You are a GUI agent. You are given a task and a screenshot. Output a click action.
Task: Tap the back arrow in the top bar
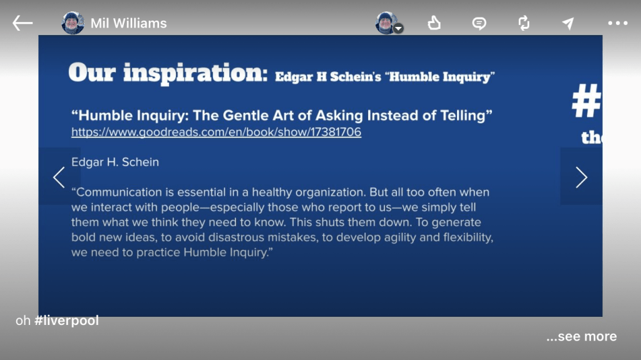23,23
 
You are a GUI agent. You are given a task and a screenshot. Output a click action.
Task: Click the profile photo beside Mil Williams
73,23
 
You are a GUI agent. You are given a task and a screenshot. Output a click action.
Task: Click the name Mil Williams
128,23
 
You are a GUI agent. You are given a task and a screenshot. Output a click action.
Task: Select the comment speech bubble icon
479,23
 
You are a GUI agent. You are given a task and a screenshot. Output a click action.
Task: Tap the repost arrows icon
524,23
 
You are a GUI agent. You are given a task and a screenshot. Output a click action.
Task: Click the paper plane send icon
568,23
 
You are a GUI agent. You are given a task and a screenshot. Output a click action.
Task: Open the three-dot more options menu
618,23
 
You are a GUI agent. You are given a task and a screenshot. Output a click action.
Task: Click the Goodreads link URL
216,132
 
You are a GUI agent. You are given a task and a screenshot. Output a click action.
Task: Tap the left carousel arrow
59,177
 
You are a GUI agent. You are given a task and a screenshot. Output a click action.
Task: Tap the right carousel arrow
582,177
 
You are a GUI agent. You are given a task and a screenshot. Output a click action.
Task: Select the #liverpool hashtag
66,321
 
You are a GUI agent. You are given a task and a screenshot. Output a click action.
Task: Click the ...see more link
582,336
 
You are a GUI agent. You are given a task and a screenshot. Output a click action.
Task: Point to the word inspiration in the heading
195,73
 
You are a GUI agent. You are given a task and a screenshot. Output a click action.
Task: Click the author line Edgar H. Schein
115,162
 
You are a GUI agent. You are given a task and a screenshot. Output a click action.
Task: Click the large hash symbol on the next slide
587,101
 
